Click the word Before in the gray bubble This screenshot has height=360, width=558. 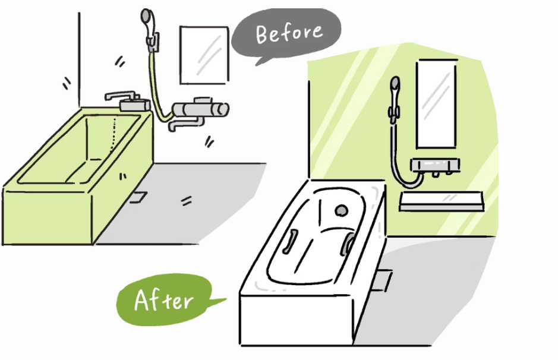click(x=289, y=33)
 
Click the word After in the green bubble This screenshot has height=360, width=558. click(x=163, y=300)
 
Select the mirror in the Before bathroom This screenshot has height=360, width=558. click(x=204, y=55)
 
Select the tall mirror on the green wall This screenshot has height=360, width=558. click(x=436, y=103)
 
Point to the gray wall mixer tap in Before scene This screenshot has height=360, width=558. click(x=198, y=112)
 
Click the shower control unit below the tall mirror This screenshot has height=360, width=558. click(x=435, y=166)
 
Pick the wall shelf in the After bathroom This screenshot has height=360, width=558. click(x=442, y=201)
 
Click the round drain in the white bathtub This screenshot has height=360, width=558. click(x=341, y=210)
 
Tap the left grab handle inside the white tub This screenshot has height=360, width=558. click(x=290, y=242)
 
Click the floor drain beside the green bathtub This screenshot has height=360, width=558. click(x=138, y=197)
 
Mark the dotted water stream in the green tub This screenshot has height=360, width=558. click(x=113, y=134)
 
